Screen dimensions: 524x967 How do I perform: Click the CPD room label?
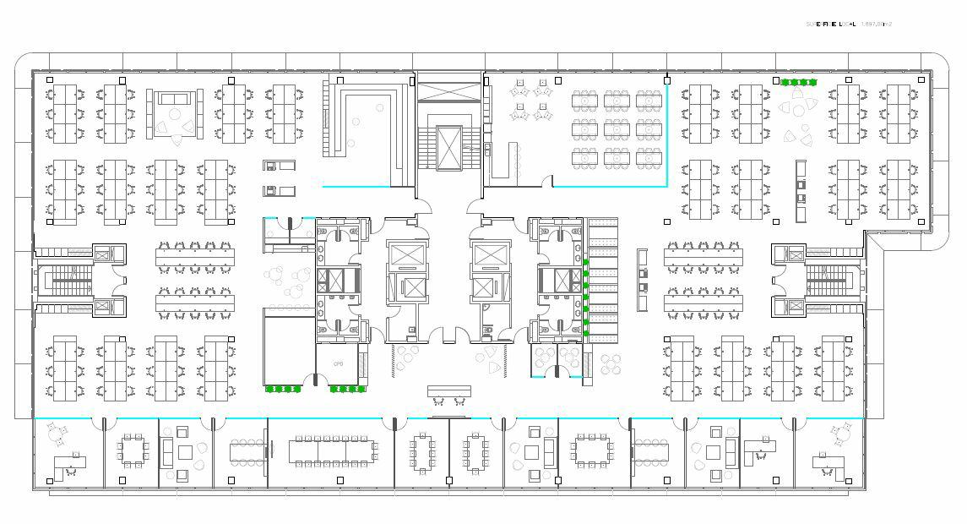(339, 364)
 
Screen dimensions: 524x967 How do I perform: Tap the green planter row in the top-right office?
(798, 83)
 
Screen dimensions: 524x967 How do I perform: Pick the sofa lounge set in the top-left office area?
(176, 111)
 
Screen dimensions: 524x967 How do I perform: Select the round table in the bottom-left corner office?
(56, 435)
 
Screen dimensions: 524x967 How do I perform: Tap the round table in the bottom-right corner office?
(840, 435)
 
